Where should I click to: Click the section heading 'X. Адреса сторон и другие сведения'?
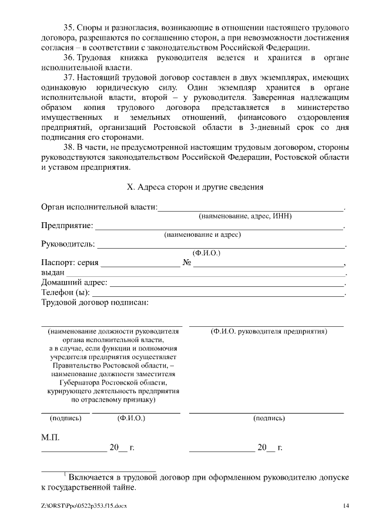196,187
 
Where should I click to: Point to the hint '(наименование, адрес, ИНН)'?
245,216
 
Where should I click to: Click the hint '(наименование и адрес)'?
202,235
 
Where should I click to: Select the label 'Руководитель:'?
68,244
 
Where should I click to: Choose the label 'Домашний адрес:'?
74,283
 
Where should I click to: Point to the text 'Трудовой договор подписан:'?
95,302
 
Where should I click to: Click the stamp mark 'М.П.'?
50,438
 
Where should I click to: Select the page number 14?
346,506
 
